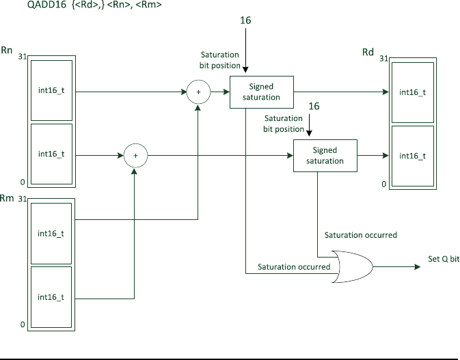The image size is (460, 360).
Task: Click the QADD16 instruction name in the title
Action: point(46,5)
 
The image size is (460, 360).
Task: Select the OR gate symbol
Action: point(352,267)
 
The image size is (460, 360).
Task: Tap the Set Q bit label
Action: point(444,259)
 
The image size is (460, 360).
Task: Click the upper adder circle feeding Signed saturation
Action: point(199,92)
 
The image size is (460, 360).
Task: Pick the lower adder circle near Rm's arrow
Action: point(135,156)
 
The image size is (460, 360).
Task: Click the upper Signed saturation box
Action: point(262,92)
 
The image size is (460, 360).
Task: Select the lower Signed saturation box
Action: point(325,156)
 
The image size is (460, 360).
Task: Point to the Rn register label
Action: point(7,50)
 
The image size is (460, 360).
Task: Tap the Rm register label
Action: point(7,198)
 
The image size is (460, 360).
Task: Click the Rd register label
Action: point(368,52)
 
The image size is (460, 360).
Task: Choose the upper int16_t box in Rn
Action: point(52,90)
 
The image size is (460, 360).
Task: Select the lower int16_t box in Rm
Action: point(51,297)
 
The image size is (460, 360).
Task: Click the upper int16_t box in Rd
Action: point(413,92)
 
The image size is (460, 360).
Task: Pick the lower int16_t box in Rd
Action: point(413,156)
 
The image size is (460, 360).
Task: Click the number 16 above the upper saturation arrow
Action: point(245,20)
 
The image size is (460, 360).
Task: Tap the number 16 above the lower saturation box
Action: point(314,106)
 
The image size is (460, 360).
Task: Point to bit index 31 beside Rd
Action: point(383,59)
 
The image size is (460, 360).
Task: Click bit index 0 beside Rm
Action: point(23,324)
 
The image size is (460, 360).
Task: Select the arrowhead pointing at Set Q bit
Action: point(418,267)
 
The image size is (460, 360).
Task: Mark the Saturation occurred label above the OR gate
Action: point(361,235)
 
